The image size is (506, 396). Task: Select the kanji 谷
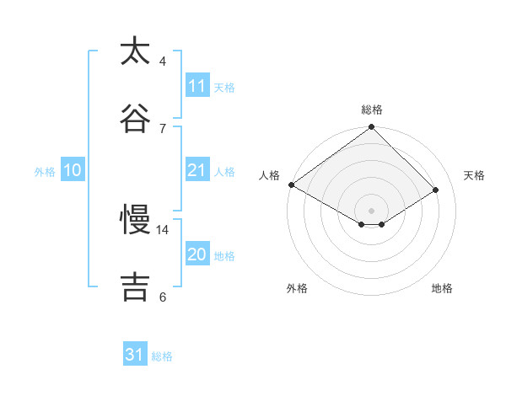click(136, 116)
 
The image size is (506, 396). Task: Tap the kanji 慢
click(136, 220)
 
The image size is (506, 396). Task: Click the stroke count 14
click(163, 229)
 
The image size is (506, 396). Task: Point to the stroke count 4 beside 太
click(163, 62)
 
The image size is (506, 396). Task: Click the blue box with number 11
click(197, 86)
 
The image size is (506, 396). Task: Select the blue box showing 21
click(197, 170)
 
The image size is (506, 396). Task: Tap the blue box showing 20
click(197, 254)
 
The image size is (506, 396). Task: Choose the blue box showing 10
click(73, 170)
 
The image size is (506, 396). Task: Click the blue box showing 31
click(135, 355)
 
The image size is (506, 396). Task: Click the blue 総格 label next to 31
click(162, 356)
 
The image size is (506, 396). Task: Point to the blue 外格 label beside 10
click(45, 172)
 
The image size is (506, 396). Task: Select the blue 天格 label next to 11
click(224, 88)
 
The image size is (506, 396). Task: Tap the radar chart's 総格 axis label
click(372, 110)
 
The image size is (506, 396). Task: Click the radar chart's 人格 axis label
click(270, 175)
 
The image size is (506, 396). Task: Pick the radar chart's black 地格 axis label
click(442, 288)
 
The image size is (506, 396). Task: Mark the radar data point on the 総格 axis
click(372, 128)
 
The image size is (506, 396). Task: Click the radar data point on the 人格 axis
click(291, 185)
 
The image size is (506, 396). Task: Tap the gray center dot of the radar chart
click(372, 210)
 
